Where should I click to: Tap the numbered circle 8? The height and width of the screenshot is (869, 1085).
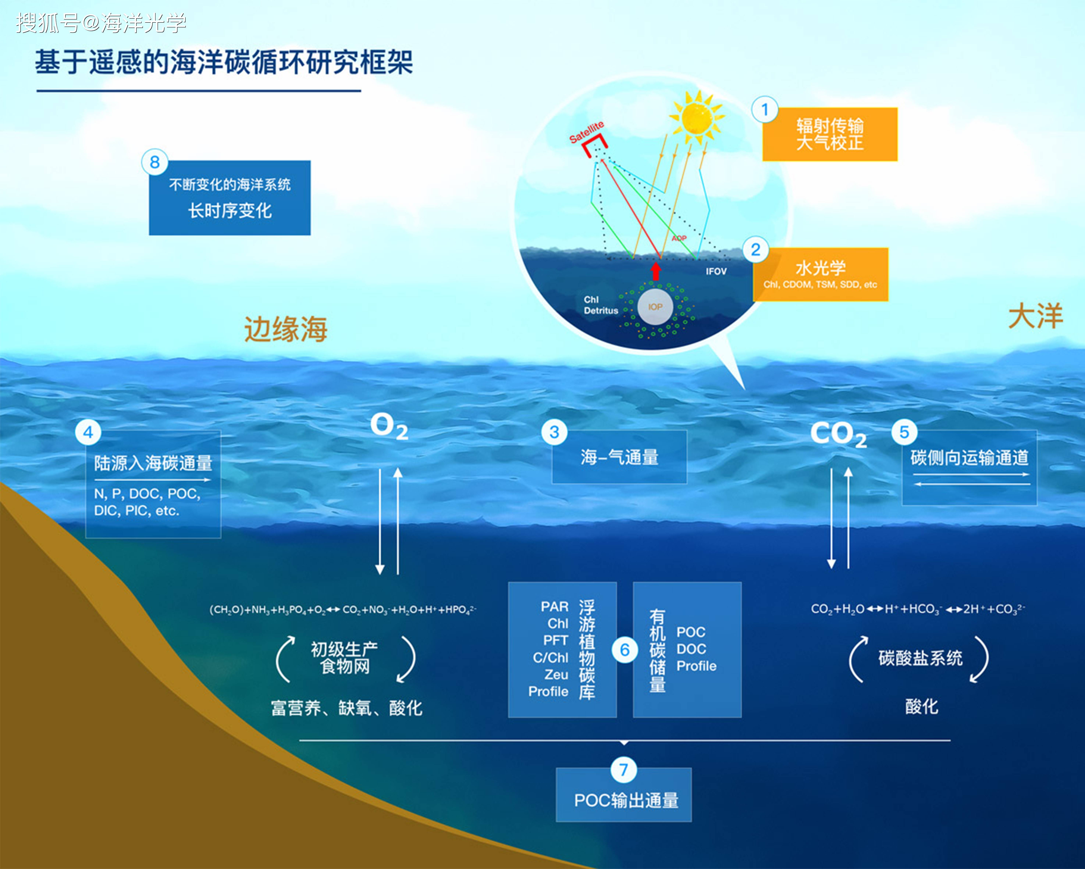[154, 162]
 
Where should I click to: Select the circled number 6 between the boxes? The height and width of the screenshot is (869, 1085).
[625, 650]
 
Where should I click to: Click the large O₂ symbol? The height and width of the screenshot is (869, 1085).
[389, 427]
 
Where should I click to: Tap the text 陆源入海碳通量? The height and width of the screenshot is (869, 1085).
[153, 463]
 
